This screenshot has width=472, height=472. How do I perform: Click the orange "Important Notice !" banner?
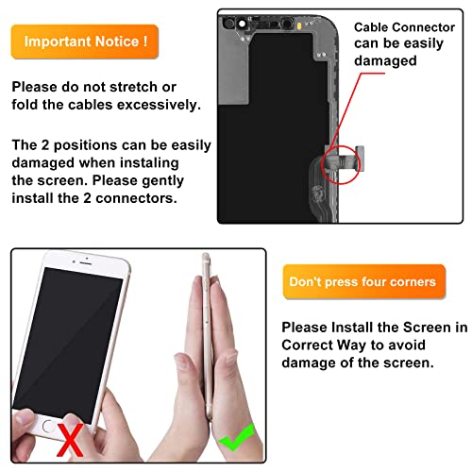(85, 42)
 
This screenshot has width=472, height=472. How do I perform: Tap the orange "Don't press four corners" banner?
(362, 281)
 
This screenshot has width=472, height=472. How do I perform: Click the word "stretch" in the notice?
(151, 86)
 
